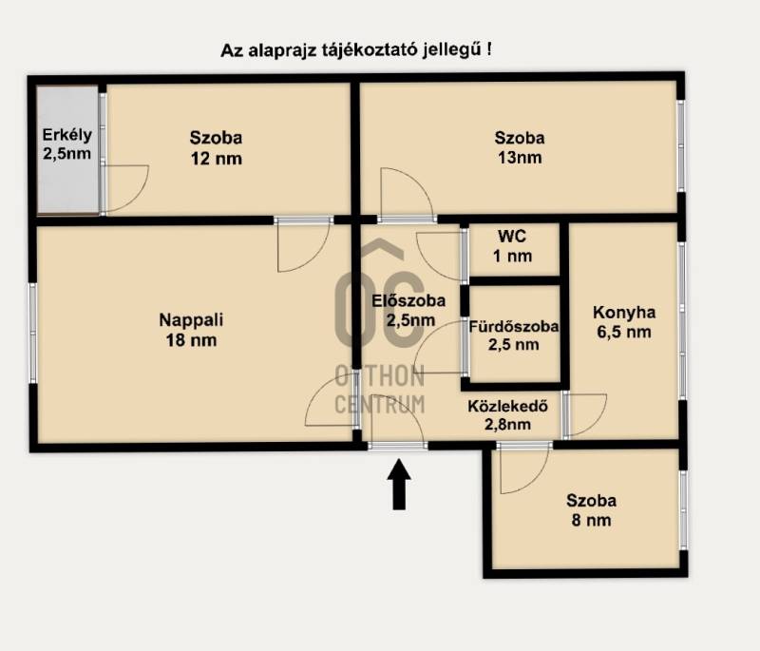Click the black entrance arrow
[x=399, y=484]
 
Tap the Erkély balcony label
[x=66, y=135]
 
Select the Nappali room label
[x=191, y=320]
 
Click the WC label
[x=512, y=236]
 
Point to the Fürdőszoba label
[x=513, y=326]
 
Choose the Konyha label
[x=624, y=313]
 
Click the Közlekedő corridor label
[x=507, y=406]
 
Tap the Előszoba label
[x=408, y=300]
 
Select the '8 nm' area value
[x=591, y=520]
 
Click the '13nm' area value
[x=520, y=158]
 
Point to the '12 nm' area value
[x=217, y=159]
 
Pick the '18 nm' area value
[x=191, y=340]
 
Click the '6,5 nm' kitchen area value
[x=624, y=333]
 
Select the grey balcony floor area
[x=68, y=149]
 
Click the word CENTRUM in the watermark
[x=379, y=404]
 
